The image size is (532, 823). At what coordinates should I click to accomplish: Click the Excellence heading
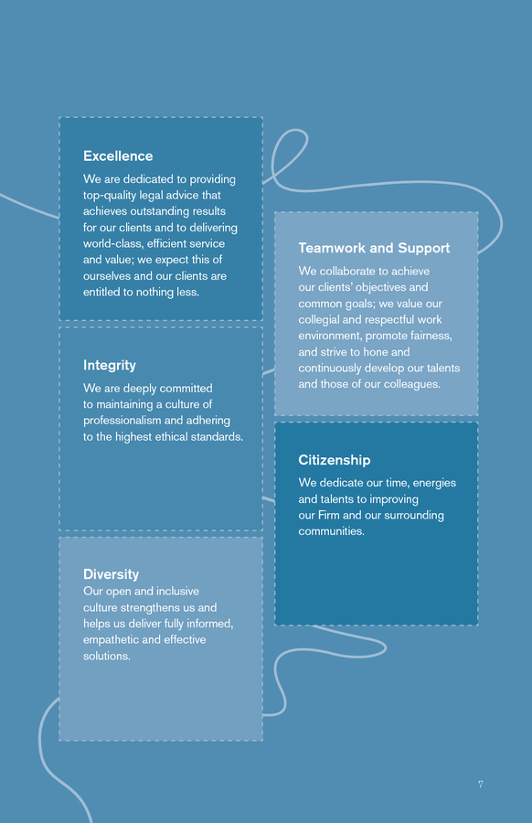click(x=118, y=155)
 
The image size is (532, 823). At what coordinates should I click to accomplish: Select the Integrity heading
click(x=109, y=365)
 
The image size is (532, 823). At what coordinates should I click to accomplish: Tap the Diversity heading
click(x=111, y=574)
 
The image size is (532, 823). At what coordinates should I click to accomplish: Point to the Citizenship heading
click(x=335, y=460)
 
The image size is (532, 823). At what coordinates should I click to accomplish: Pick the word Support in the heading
click(x=424, y=248)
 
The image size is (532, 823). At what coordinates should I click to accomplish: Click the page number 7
click(x=481, y=785)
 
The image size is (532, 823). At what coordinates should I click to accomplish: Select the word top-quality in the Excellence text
click(x=110, y=196)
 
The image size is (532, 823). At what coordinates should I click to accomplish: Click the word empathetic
click(x=111, y=640)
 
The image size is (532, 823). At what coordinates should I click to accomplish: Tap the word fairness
click(x=431, y=336)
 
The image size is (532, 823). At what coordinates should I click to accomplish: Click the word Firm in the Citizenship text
click(x=328, y=516)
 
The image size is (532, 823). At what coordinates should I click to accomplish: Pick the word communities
click(x=330, y=531)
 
